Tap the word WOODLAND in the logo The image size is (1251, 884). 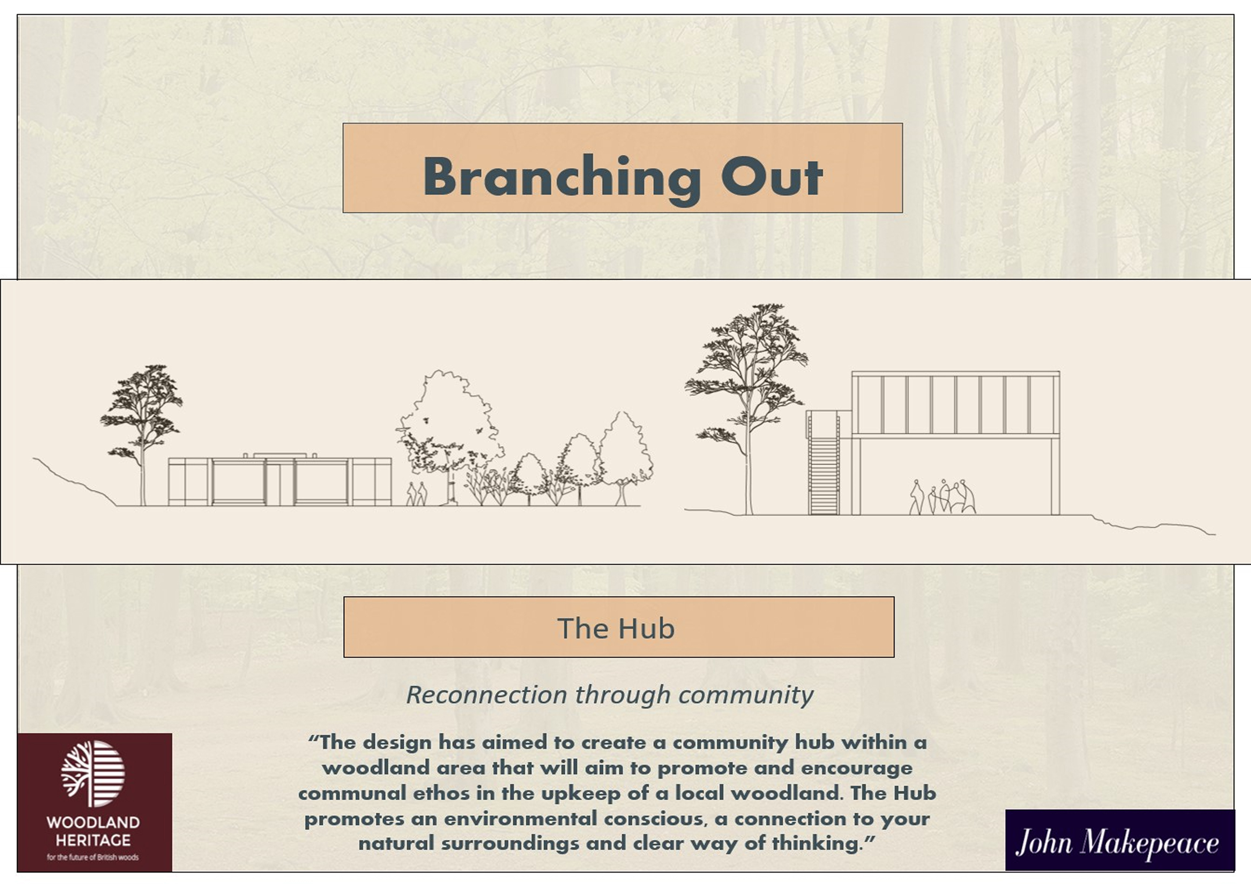tap(93, 822)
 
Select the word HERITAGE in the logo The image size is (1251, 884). tap(93, 840)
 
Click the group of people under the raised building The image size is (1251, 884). tap(942, 497)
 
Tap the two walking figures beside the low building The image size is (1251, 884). tap(417, 494)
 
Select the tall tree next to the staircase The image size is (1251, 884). tap(746, 409)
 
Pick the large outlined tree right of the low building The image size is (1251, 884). tap(448, 436)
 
